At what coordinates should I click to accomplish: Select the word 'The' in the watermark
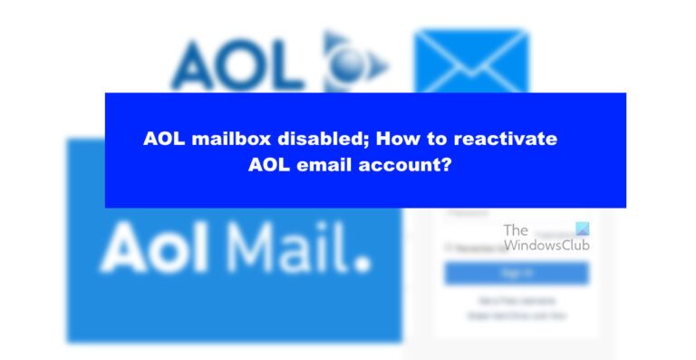click(516, 230)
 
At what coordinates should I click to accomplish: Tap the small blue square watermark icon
click(583, 229)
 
